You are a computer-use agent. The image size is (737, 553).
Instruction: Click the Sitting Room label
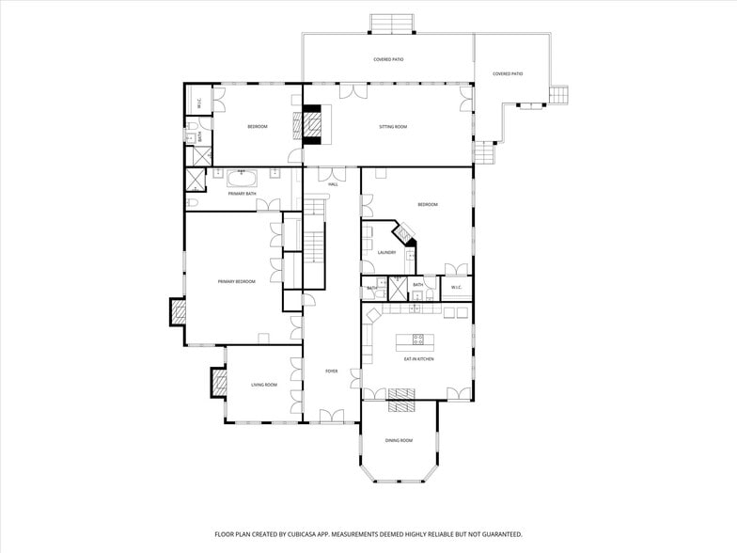[393, 126]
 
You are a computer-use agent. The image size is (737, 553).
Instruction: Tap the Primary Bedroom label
[236, 281]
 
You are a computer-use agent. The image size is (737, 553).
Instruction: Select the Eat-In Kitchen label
[418, 358]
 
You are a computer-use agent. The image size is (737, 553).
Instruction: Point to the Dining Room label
[399, 440]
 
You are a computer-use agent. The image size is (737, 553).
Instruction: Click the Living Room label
[264, 385]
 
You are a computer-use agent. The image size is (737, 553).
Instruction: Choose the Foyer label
[332, 371]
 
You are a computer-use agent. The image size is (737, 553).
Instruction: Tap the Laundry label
[386, 252]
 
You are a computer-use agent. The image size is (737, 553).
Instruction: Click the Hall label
[333, 184]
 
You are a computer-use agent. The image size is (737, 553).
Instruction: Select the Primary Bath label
[243, 194]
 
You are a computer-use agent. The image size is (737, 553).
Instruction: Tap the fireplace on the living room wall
[219, 381]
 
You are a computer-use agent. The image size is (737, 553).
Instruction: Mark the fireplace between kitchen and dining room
[400, 405]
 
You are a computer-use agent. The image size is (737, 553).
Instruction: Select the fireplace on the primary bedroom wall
[178, 310]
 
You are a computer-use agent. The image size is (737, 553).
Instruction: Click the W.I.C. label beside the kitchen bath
[455, 288]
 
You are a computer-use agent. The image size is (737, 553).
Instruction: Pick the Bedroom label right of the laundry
[428, 204]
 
